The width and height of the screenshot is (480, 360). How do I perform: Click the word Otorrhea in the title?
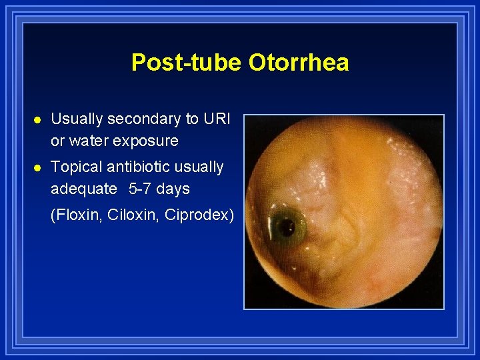tap(299, 63)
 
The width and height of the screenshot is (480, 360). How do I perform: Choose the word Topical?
tap(74, 167)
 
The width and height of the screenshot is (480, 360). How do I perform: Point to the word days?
tap(173, 189)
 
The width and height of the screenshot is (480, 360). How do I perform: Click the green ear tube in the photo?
tap(286, 227)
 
